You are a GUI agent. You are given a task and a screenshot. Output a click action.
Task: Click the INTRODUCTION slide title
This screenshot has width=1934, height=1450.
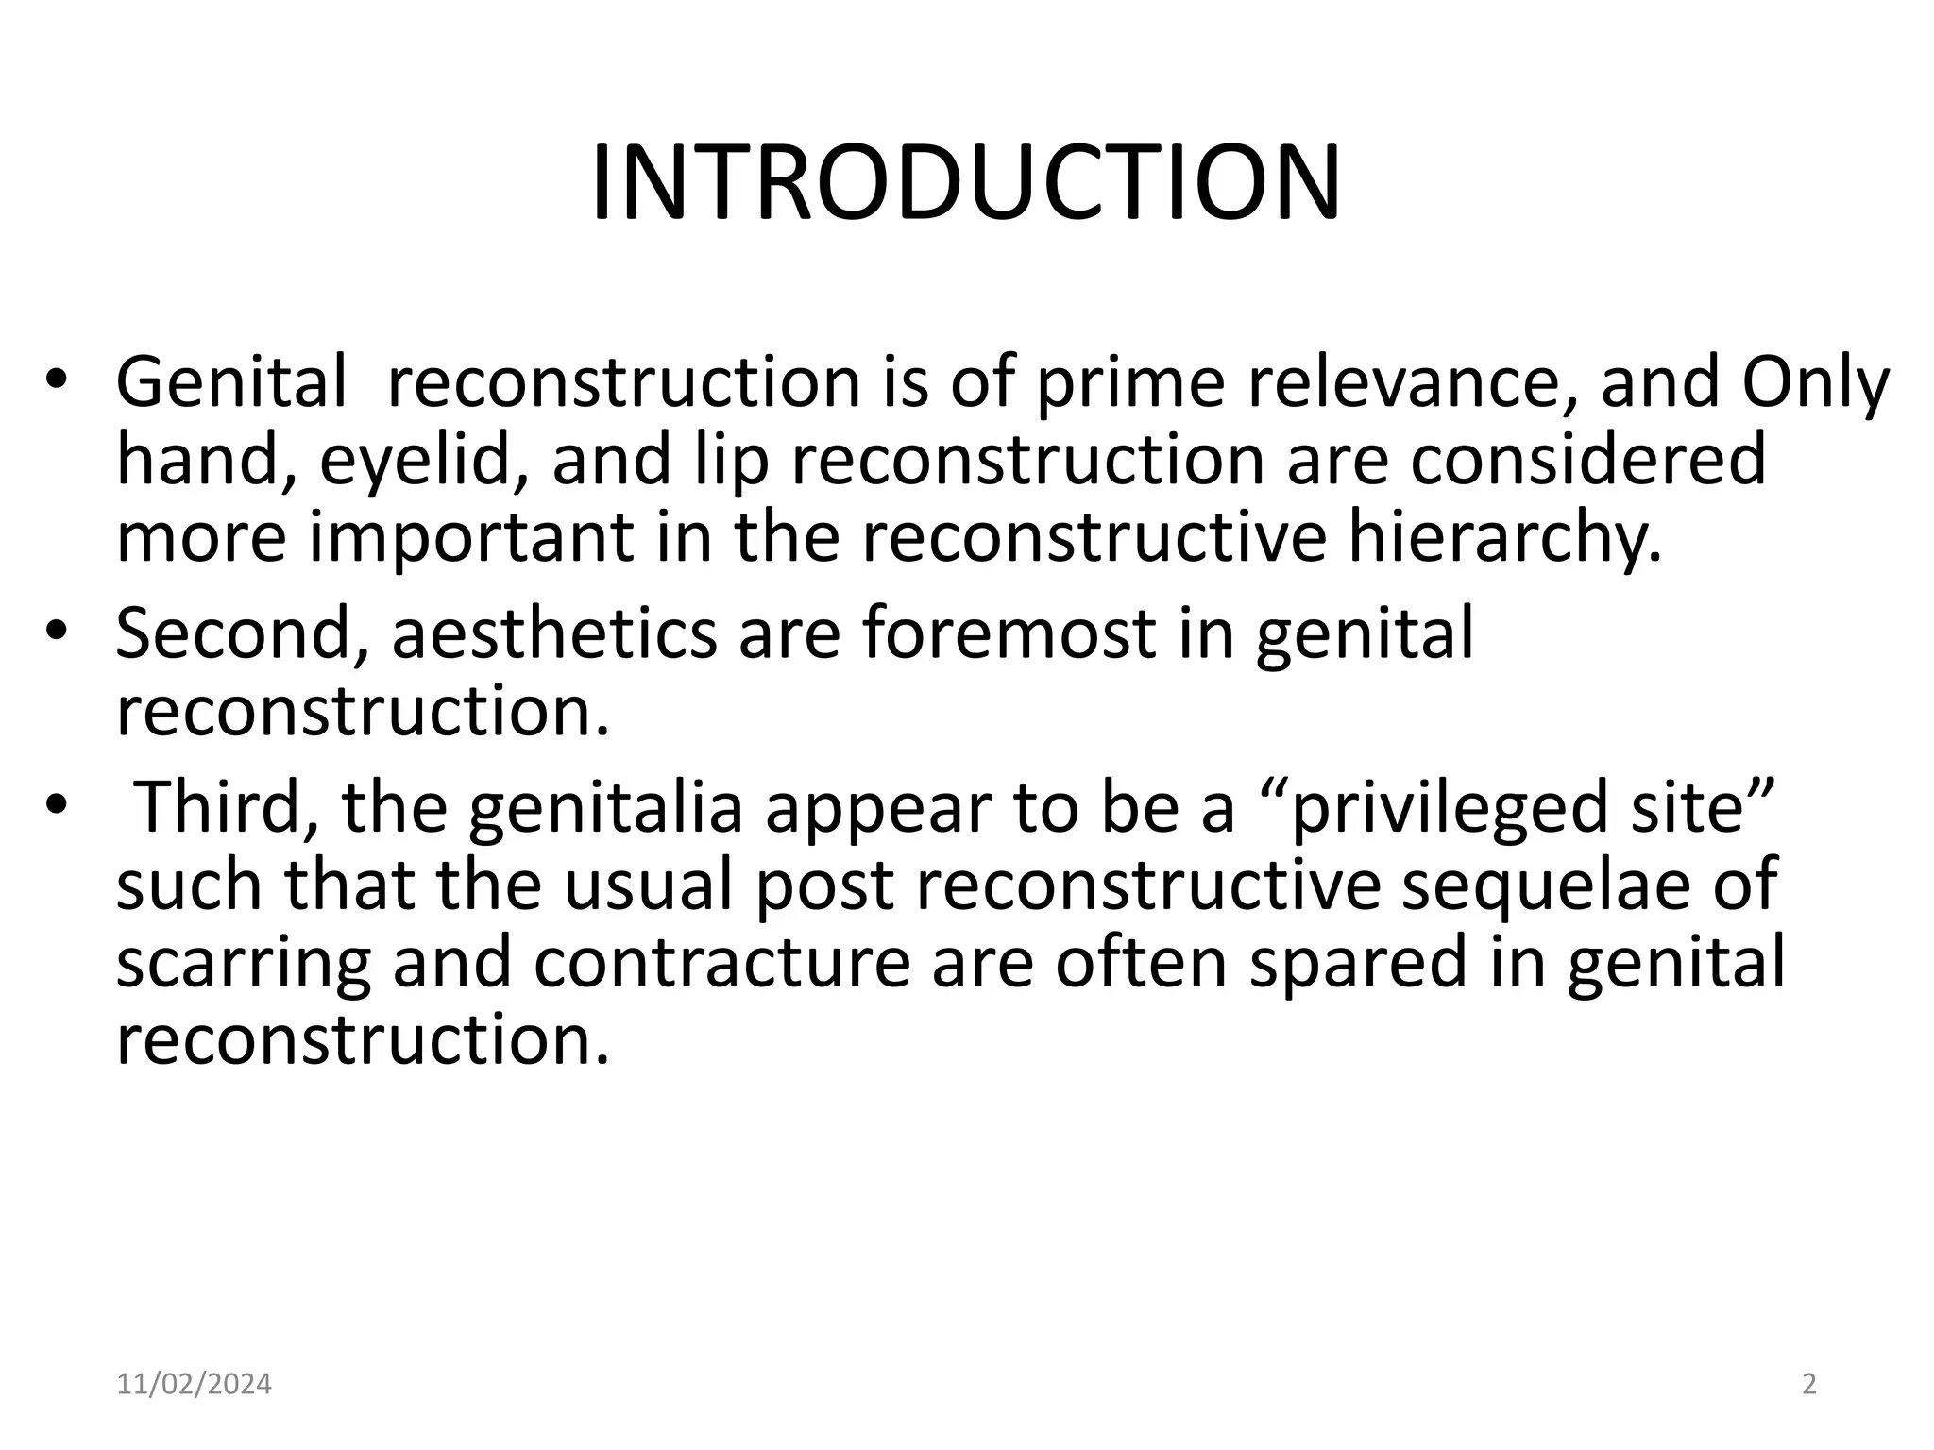[965, 183]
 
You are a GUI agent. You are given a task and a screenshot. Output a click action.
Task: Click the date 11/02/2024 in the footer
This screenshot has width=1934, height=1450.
[194, 1385]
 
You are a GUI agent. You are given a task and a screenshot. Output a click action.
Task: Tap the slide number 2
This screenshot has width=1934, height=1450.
[1809, 1385]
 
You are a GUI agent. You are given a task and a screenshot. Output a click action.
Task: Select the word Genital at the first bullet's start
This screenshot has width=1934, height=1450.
[231, 383]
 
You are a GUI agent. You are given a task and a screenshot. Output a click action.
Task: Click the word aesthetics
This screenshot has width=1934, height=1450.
[554, 634]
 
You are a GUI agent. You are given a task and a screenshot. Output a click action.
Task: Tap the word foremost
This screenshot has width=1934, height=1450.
[1009, 634]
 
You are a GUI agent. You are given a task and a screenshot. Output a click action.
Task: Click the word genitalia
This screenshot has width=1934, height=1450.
[605, 810]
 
